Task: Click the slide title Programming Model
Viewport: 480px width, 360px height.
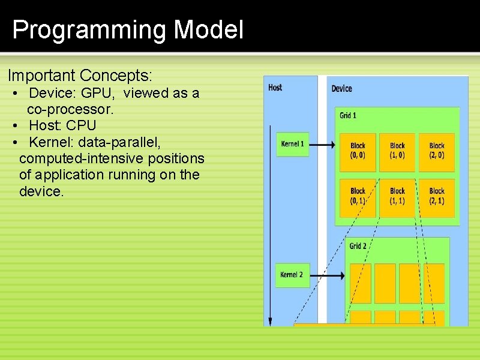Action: point(128,30)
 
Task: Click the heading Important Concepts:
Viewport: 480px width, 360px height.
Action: point(80,76)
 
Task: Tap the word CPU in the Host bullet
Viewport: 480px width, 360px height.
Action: point(81,126)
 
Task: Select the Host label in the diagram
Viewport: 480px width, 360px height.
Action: point(275,88)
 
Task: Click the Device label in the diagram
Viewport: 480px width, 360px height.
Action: point(342,89)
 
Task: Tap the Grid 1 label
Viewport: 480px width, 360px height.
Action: point(348,115)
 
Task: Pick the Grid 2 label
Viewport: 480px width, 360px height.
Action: point(358,246)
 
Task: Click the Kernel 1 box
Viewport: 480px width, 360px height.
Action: point(293,145)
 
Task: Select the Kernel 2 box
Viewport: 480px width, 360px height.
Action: point(292,275)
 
